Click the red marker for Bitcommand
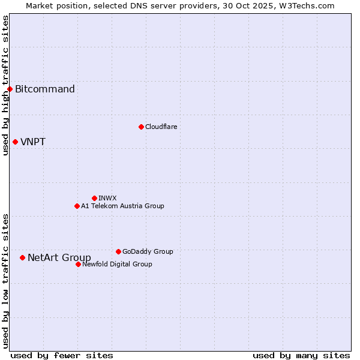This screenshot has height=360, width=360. tap(10, 89)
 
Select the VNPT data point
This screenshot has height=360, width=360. tap(15, 142)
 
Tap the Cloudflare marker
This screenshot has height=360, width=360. tap(141, 127)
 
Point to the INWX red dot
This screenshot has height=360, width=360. tap(94, 198)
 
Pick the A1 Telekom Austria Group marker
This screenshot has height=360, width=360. tap(77, 206)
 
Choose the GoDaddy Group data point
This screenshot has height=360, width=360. tap(118, 251)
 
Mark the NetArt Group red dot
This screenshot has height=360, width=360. tap(22, 258)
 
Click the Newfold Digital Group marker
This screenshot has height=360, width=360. tap(78, 264)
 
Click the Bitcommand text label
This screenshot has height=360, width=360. tap(45, 89)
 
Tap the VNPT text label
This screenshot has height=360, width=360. tap(33, 142)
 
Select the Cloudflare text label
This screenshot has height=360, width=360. tap(161, 127)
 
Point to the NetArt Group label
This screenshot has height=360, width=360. tap(59, 258)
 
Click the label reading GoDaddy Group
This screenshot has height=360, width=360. tap(148, 251)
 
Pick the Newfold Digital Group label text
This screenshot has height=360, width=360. tap(117, 264)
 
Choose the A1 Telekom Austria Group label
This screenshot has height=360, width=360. tap(122, 206)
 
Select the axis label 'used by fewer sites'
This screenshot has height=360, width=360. tap(62, 355)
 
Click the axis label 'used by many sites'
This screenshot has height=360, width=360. tap(301, 355)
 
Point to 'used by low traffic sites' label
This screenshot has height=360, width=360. tap(5, 281)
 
